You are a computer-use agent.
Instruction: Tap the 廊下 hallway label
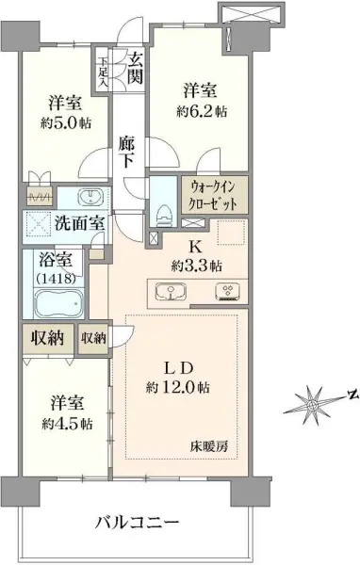tap(129, 153)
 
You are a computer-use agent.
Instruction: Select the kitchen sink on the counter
tap(170, 291)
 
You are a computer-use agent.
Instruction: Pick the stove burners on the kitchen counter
tap(226, 291)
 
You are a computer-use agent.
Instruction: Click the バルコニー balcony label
tap(138, 523)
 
